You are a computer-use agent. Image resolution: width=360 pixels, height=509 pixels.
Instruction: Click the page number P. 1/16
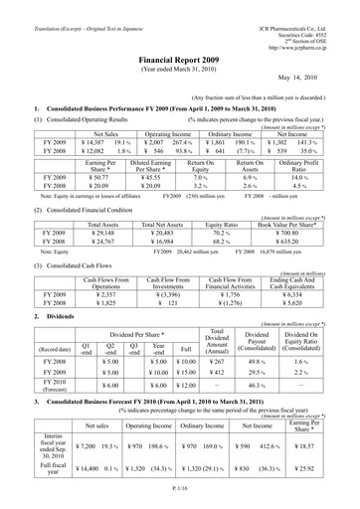[179, 498]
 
